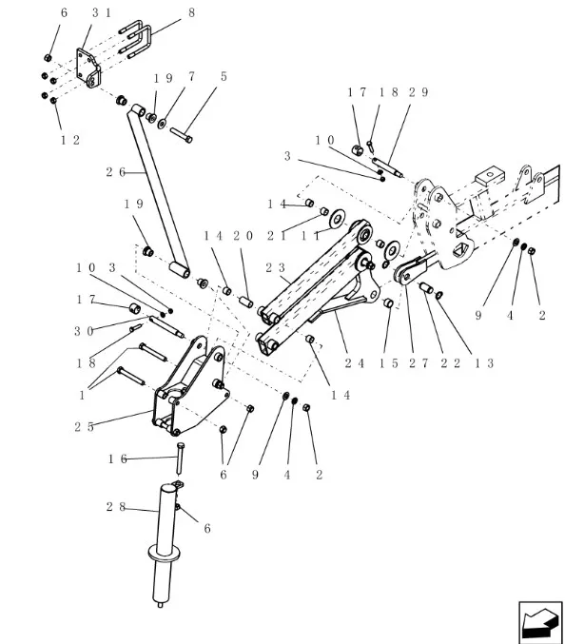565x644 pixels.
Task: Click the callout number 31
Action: coord(102,12)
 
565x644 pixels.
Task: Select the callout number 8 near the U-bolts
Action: coord(191,12)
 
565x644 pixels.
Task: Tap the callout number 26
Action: coord(116,172)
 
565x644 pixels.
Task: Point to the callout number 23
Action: coord(276,268)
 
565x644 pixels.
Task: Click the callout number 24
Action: coord(355,363)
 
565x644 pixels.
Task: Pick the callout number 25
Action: coord(84,427)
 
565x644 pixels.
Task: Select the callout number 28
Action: coord(116,507)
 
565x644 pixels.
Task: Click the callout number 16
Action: coord(117,459)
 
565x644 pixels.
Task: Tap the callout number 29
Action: coord(419,92)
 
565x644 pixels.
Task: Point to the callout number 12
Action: coord(70,140)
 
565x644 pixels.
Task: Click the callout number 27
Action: coord(419,363)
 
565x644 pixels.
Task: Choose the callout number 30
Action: coord(84,331)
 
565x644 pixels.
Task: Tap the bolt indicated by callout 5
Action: coord(182,135)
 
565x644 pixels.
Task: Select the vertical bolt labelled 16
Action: coord(181,459)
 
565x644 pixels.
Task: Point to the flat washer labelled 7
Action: coord(163,123)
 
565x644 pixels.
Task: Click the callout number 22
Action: coord(451,363)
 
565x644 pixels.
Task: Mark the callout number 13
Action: coord(484,363)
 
